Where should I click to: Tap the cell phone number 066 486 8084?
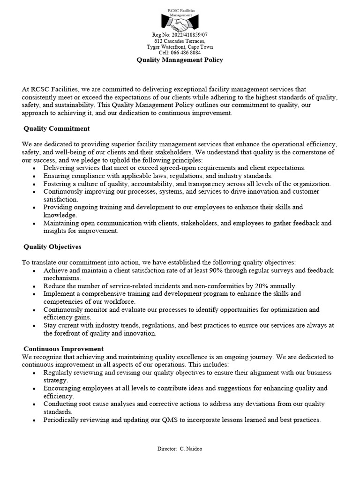click(x=186, y=53)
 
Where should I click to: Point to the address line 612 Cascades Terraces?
click(x=180, y=41)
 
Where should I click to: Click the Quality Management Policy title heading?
click(x=180, y=60)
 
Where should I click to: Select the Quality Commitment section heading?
click(x=57, y=128)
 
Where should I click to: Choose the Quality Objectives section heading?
click(x=52, y=247)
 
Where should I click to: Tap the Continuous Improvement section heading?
click(x=63, y=349)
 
